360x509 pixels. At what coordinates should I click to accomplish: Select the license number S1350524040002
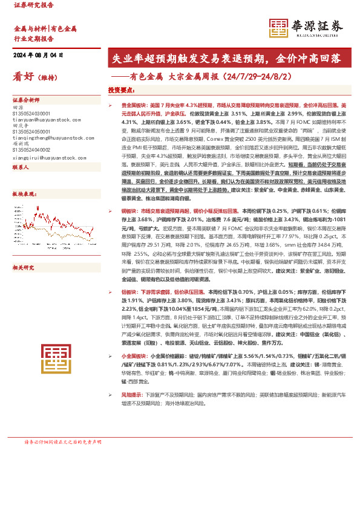click(x=33, y=148)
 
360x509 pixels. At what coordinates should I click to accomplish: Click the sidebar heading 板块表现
click(x=23, y=194)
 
